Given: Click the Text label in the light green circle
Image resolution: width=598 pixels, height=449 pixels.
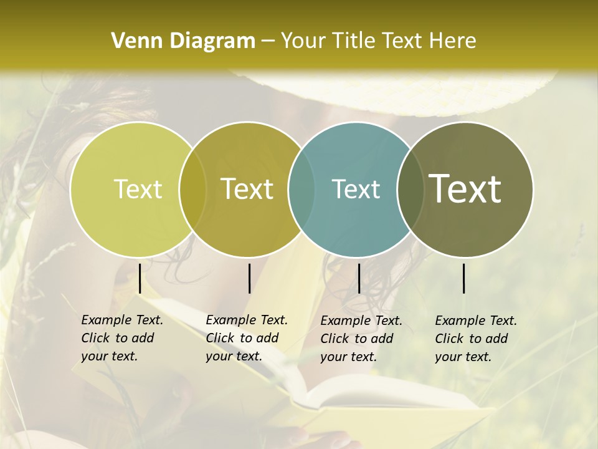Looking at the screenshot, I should click(138, 189).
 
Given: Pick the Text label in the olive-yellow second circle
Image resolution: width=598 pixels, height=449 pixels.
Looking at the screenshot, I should click(247, 189).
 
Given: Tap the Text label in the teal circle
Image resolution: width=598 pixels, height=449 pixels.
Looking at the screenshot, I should click(356, 189).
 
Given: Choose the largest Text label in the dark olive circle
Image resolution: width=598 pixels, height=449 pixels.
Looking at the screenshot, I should click(465, 189).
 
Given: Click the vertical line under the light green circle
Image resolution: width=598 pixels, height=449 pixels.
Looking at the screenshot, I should click(140, 278).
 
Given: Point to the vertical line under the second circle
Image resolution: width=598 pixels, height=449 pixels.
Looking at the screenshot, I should click(249, 278).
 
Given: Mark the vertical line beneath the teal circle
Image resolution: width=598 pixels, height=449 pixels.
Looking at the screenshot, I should click(359, 278).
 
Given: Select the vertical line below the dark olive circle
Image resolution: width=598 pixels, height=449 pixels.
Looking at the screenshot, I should click(464, 278).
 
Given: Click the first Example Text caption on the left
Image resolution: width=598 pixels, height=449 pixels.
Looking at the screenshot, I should click(121, 338).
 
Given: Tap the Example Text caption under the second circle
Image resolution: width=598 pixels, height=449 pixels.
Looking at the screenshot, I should click(246, 338).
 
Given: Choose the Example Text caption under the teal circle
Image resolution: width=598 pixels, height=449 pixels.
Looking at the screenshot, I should click(361, 339).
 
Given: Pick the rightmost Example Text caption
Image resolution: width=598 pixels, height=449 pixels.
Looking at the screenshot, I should click(475, 339).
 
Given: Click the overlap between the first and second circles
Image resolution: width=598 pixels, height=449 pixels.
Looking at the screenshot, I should click(192, 189).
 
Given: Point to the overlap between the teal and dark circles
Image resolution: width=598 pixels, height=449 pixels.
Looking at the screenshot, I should click(411, 189).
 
